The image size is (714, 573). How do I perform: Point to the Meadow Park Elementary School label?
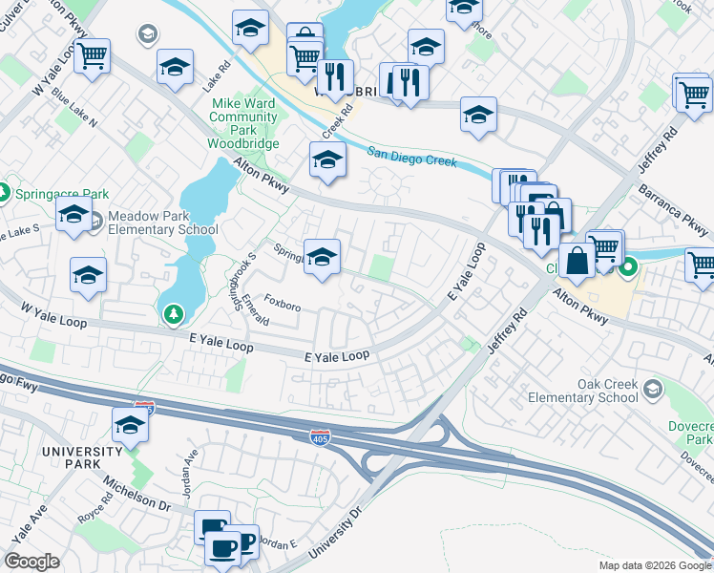tap(162, 223)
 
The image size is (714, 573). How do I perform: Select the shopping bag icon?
tap(577, 260)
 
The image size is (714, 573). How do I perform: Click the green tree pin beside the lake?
tap(172, 312)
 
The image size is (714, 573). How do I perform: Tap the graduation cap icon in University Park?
tap(130, 426)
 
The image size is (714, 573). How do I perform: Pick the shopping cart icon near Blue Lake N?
tap(92, 57)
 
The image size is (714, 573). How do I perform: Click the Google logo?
tap(32, 562)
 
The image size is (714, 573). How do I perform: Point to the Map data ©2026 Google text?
tap(654, 565)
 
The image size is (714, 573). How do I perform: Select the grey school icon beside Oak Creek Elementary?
tap(651, 389)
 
